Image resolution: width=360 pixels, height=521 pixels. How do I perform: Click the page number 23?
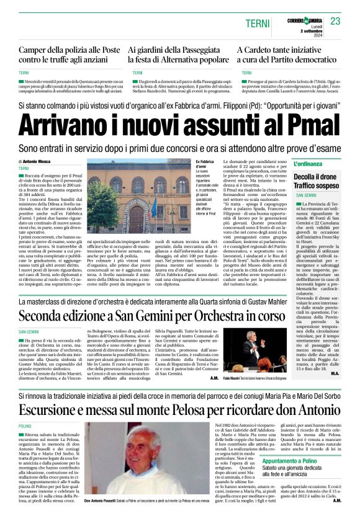(335, 21)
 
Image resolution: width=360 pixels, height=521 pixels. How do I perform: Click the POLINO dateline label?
(25, 427)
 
